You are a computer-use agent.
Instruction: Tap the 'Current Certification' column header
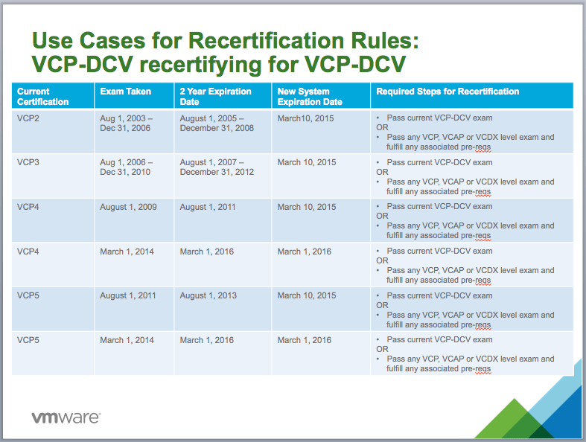(x=42, y=97)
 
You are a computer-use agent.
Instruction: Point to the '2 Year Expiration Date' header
(x=215, y=97)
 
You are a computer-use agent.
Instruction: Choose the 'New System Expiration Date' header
(x=310, y=97)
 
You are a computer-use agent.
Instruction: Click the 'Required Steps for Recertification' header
(x=448, y=92)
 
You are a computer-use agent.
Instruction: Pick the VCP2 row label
(x=28, y=118)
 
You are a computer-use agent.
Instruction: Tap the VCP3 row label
(x=28, y=162)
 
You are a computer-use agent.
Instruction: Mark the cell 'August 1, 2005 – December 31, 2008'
(x=217, y=123)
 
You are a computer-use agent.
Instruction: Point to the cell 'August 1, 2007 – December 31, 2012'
(x=217, y=167)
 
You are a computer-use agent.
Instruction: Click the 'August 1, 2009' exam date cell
(x=128, y=207)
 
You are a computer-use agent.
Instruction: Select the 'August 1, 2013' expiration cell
(x=208, y=295)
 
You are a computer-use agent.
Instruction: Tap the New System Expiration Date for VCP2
(x=306, y=118)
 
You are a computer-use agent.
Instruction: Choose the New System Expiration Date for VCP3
(x=307, y=162)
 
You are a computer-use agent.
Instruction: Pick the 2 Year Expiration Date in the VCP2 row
(x=217, y=123)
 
